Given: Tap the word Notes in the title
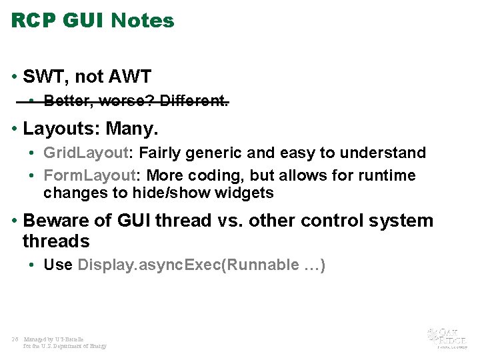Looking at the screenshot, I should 142,21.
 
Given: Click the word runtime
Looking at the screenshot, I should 388,175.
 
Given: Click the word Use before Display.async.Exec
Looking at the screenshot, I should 58,265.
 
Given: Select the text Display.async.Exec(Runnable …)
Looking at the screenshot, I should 201,265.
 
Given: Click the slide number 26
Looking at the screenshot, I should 15,339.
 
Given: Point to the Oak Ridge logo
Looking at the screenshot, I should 447,337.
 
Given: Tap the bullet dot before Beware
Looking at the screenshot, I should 15,221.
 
